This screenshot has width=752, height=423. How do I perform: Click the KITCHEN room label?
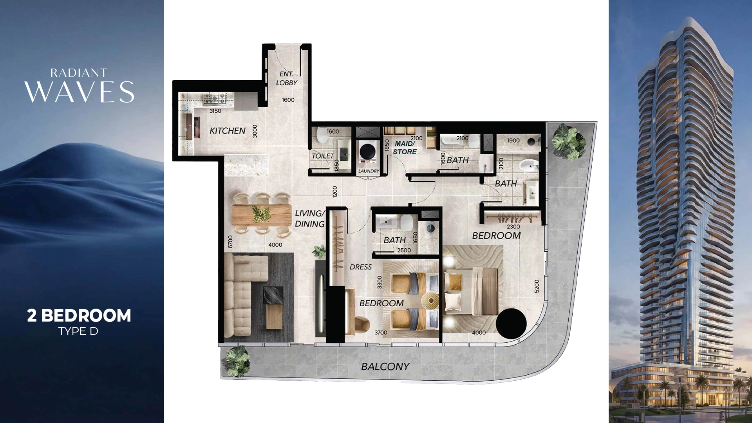pos(228,131)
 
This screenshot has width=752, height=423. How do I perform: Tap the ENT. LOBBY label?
pos(286,78)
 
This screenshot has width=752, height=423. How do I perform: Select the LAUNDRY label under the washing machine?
pos(369,171)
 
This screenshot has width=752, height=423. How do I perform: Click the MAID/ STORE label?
pos(405,148)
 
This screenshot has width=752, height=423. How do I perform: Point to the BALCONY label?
pos(385,367)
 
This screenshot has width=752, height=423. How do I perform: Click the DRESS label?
pos(361,267)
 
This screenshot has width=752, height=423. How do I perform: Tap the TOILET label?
pos(323,156)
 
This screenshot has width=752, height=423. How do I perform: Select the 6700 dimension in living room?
pos(230,241)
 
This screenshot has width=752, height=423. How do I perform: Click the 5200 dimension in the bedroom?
pos(537,286)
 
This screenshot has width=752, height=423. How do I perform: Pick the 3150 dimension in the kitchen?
pos(215,111)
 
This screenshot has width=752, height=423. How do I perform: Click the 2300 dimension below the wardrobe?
pos(513,227)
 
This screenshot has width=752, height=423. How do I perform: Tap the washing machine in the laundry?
pos(368,152)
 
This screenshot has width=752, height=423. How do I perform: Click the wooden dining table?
pos(262,215)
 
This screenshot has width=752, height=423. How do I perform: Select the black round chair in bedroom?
pos(511,324)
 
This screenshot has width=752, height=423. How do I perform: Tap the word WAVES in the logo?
pos(80,92)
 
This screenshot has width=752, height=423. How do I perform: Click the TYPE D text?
pos(78,331)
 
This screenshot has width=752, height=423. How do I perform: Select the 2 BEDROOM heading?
pos(79,316)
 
